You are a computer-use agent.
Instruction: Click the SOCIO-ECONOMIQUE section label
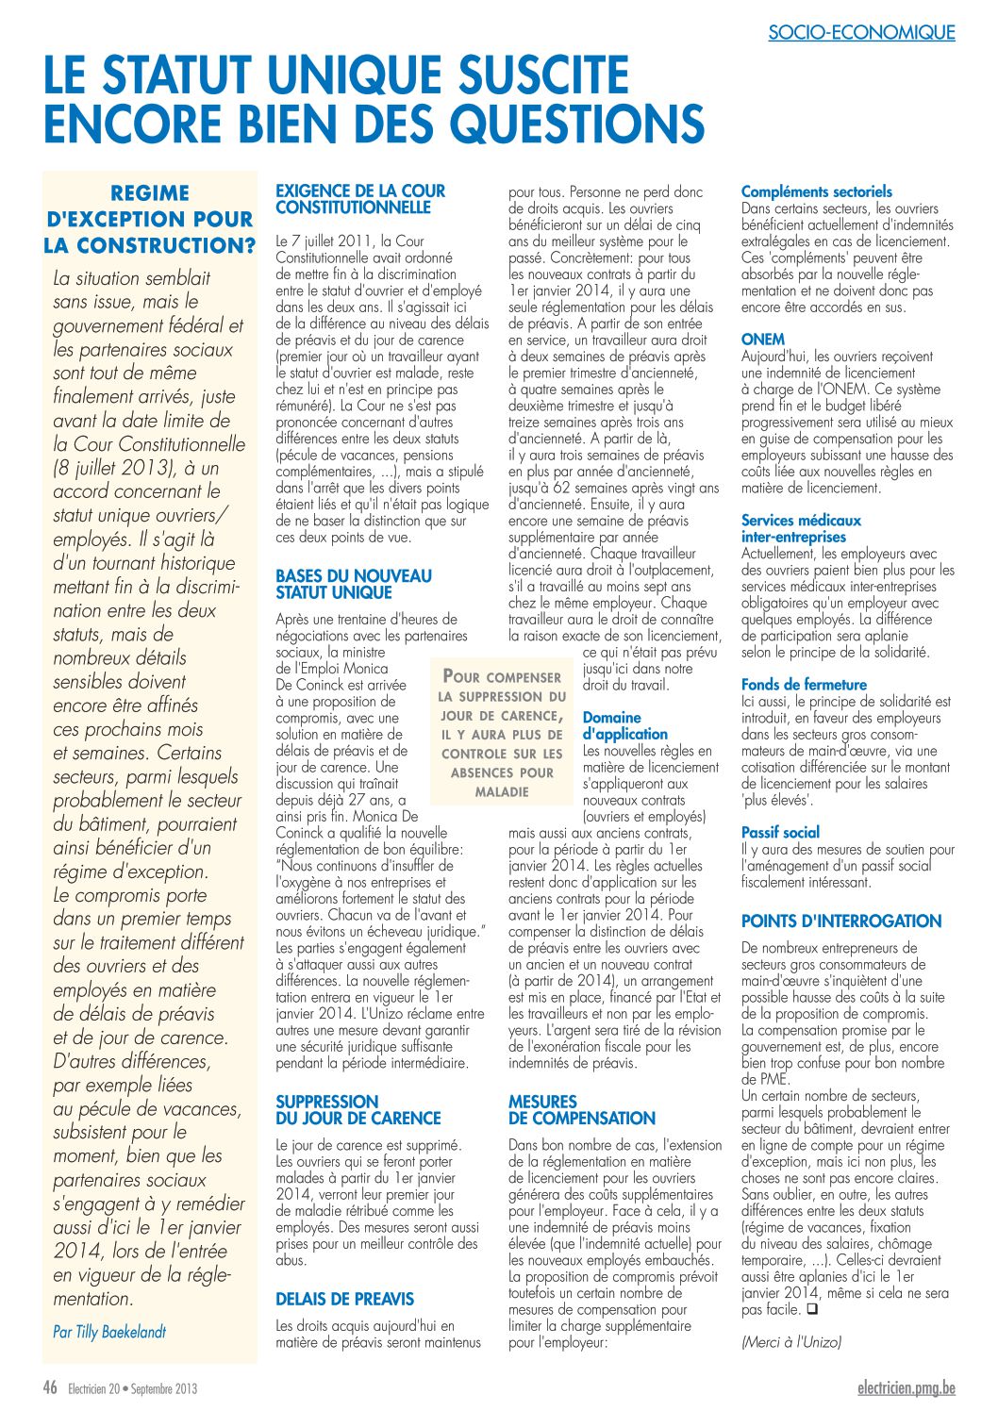pos(861,33)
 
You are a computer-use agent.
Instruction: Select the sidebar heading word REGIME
pos(150,193)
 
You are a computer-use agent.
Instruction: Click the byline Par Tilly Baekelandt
pos(109,1332)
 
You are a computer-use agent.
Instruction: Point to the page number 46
pos(50,1387)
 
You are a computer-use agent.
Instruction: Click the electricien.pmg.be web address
pos(907,1387)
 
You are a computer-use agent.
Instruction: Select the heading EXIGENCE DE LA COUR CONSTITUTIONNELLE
pos(360,199)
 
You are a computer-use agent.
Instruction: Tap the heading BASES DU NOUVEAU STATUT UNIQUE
pos(354,584)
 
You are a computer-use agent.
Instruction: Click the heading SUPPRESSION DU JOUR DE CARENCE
pos(358,1109)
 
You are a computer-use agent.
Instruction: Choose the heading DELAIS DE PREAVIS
pos(344,1299)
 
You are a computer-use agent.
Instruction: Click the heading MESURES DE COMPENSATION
pos(581,1109)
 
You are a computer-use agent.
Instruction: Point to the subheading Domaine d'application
pos(624,725)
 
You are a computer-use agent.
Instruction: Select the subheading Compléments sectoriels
pos(816,191)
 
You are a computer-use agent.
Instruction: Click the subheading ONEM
pos(762,340)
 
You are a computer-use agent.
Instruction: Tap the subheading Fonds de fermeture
pos(804,685)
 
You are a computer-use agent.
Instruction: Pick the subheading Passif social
pos(780,833)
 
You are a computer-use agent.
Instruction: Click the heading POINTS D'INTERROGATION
pos(841,921)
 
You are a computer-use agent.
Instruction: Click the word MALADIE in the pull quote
pos(502,792)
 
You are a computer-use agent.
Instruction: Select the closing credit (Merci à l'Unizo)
pos(790,1341)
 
